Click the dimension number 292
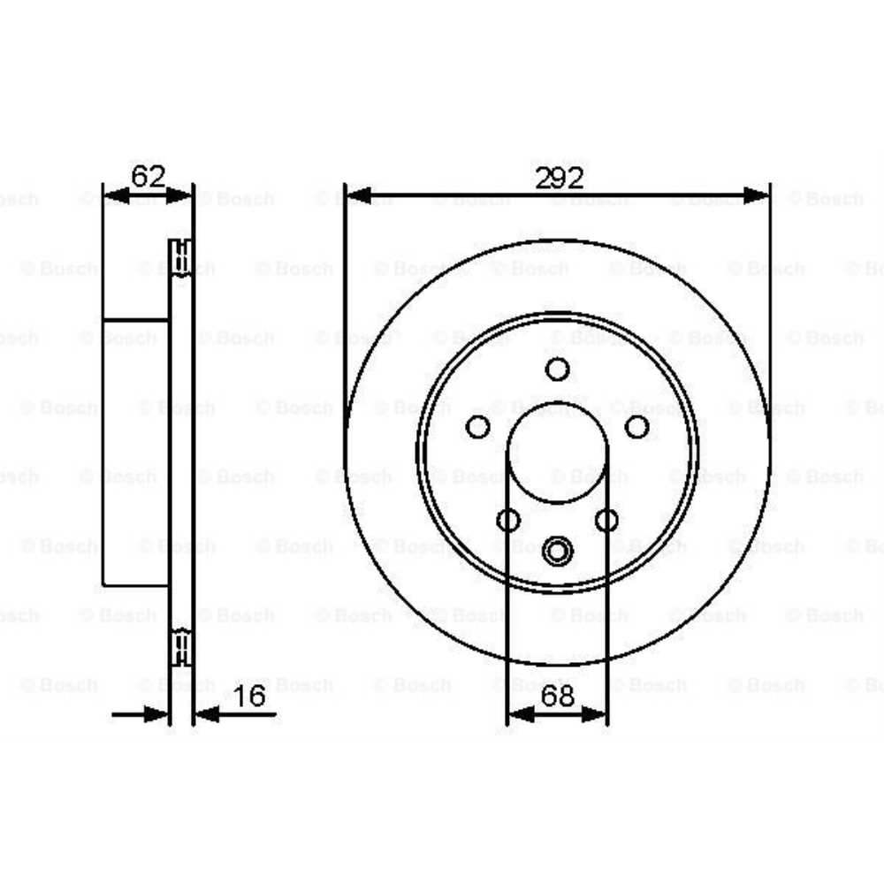[x=558, y=178]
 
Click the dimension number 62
[x=148, y=176]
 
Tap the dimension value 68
[x=557, y=696]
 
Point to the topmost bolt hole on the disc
[x=557, y=369]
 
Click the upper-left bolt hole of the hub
[x=477, y=427]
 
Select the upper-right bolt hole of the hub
[x=636, y=427]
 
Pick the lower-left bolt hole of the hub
[x=508, y=520]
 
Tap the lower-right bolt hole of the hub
[x=606, y=520]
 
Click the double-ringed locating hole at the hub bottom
[x=557, y=552]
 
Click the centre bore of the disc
[x=557, y=451]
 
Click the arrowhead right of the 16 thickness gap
[x=205, y=713]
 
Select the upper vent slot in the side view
[x=181, y=257]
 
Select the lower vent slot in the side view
[x=181, y=646]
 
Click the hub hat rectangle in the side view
[x=135, y=451]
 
